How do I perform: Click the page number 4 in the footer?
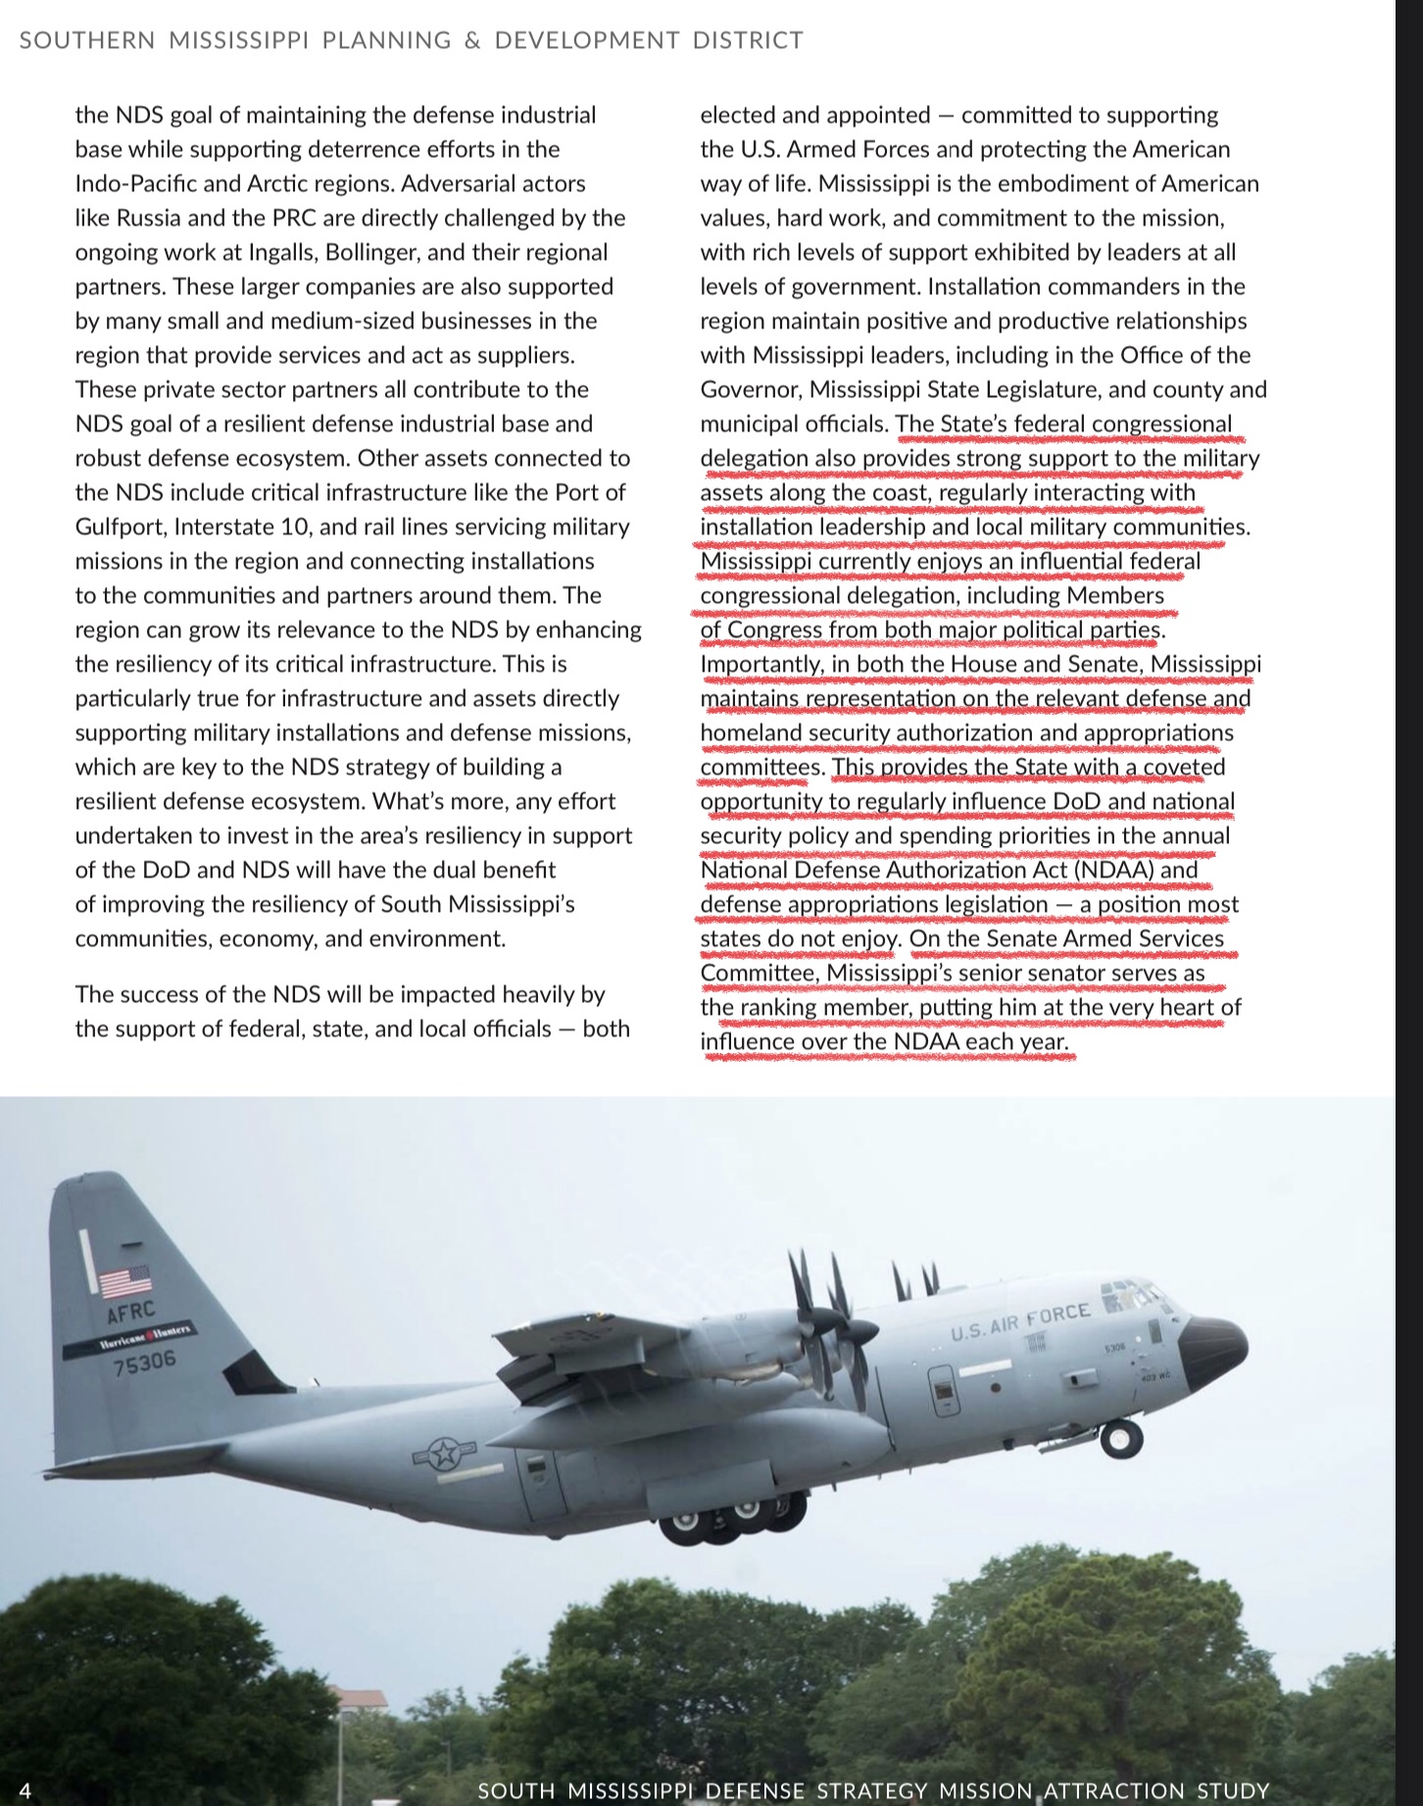tap(25, 1790)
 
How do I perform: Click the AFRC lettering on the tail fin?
tap(131, 1313)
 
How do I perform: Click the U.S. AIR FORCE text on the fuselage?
tap(1020, 1321)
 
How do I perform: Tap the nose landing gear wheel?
tap(1120, 1439)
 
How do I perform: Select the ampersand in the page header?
tap(472, 40)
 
